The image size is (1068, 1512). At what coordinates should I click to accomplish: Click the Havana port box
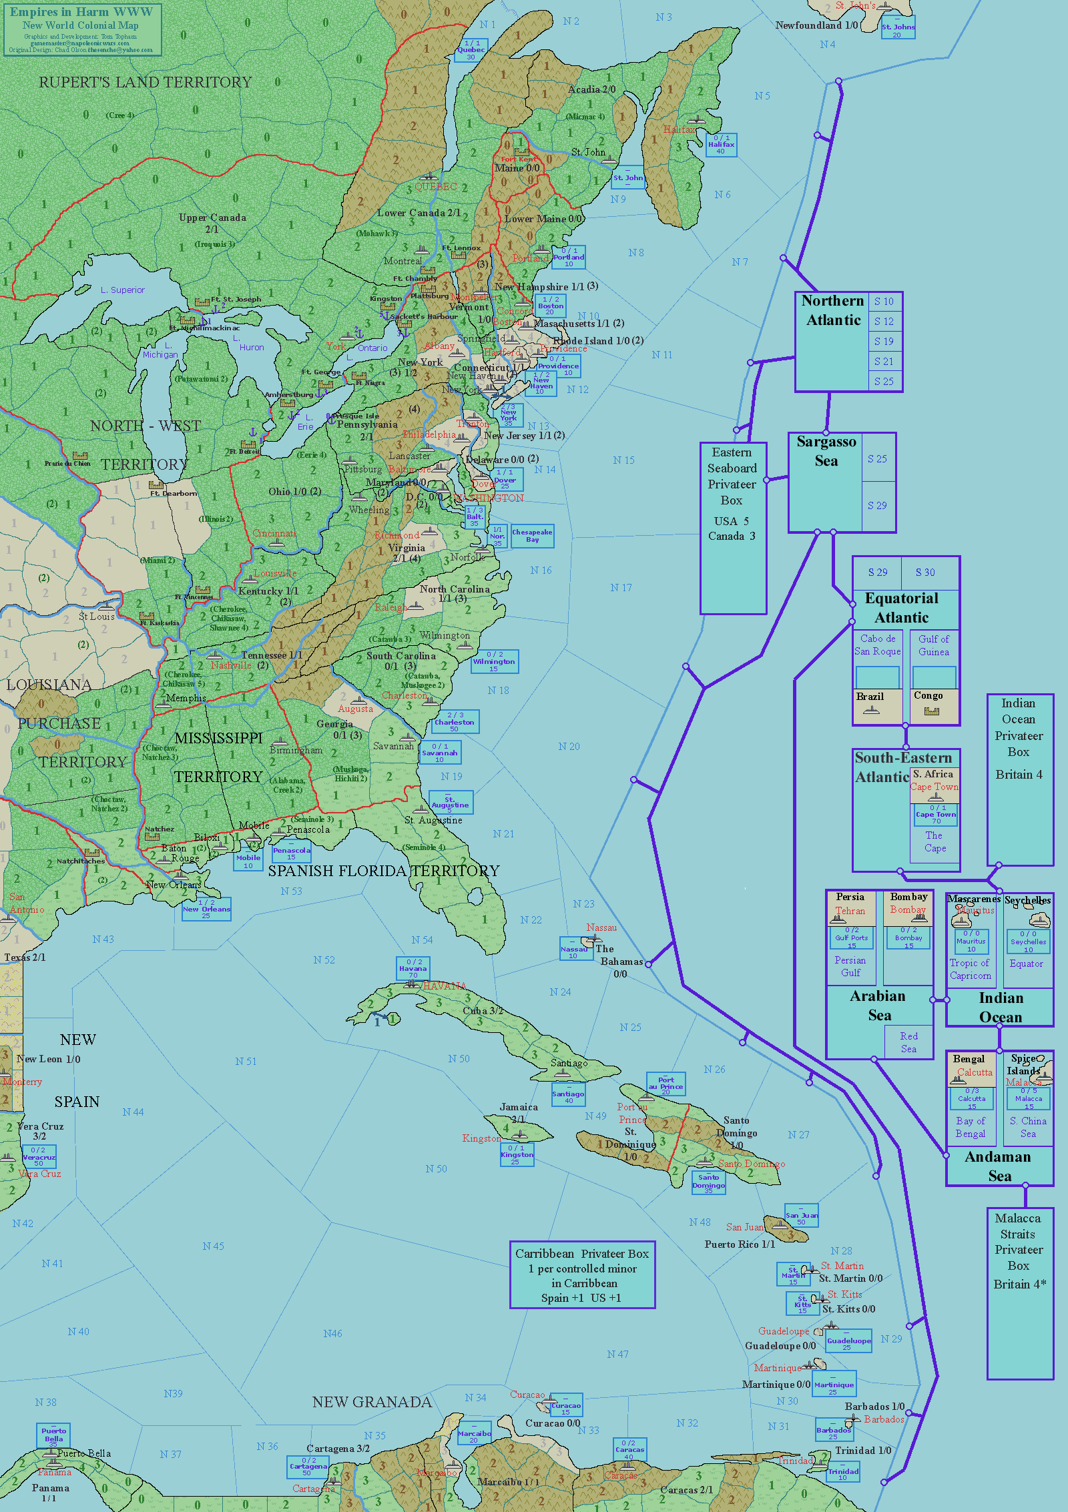tap(413, 968)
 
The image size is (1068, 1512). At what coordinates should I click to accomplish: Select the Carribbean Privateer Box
tap(582, 1275)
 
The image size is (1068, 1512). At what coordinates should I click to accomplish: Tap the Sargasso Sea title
tap(826, 452)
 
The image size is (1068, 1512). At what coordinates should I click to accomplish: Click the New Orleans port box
tap(206, 909)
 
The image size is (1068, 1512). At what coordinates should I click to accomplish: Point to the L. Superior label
tap(123, 290)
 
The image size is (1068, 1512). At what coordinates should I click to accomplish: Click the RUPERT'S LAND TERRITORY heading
tap(145, 83)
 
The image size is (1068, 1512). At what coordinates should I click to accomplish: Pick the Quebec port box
tap(471, 50)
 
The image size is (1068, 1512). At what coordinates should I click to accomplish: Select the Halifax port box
tap(721, 145)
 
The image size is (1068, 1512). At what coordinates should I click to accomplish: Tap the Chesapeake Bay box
tap(532, 536)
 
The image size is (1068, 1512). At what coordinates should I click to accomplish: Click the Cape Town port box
tap(936, 815)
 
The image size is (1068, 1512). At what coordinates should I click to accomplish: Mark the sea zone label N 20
tap(569, 747)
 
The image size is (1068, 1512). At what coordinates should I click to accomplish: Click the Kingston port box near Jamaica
tap(517, 1154)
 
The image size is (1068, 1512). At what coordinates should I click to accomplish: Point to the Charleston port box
tap(454, 722)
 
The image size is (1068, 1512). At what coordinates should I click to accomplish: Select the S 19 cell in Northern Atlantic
tap(884, 342)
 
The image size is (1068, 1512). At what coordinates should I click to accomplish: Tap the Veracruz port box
tap(39, 1156)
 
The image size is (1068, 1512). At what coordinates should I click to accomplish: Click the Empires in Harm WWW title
tap(81, 13)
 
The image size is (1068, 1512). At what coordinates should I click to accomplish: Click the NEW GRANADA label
tap(372, 1403)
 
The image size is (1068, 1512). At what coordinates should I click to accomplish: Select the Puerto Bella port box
tap(53, 1435)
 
